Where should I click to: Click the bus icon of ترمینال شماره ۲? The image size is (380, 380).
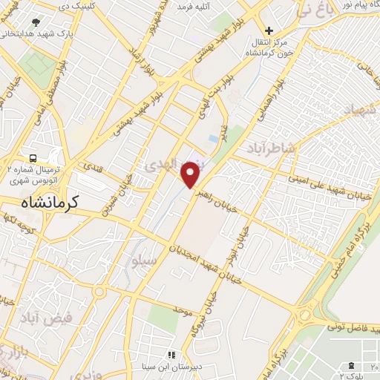coord(33,158)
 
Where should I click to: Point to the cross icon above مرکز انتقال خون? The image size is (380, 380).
coord(269,32)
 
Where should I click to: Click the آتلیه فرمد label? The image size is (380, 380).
coord(194,6)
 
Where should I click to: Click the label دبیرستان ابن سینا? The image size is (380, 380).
coord(145,366)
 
